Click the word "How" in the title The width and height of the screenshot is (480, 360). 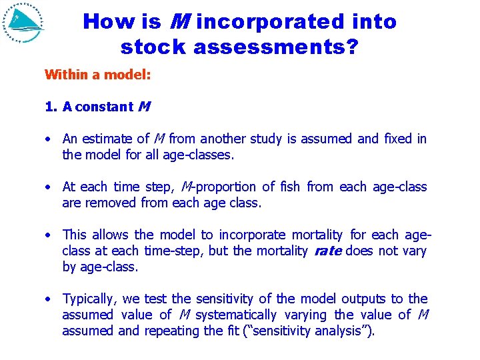coord(105,22)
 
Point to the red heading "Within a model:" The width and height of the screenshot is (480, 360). coord(97,74)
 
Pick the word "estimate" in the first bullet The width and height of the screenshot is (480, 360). coord(109,139)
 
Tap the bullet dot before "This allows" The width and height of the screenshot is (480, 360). coord(49,235)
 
